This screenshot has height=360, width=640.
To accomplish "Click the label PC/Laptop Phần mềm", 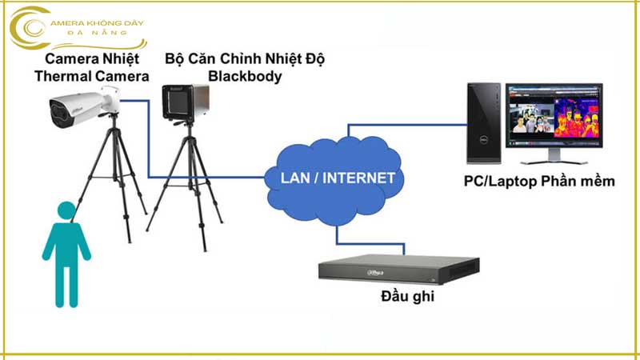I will (x=539, y=182).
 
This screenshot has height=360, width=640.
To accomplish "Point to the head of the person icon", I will (x=64, y=212).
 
